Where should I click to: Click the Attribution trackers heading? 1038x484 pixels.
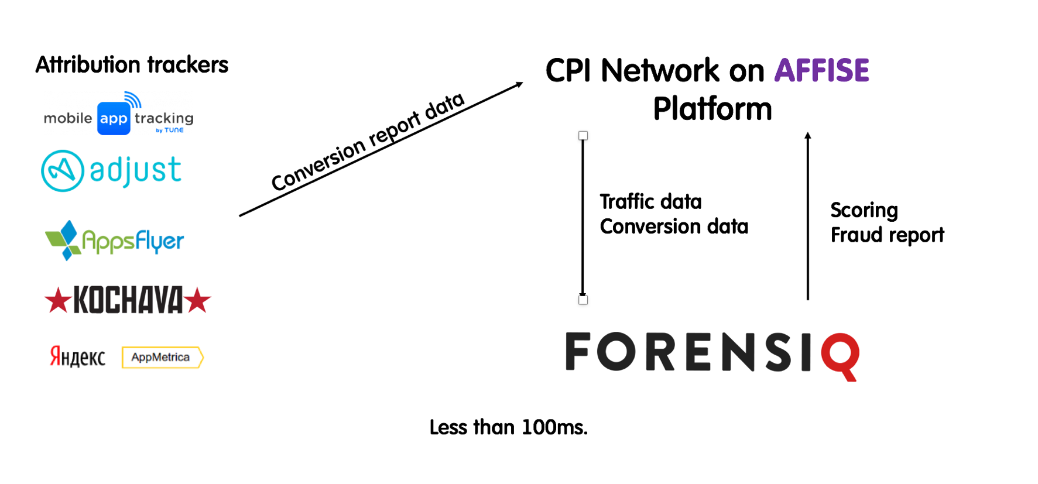132,65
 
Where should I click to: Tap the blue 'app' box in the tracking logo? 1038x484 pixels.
114,118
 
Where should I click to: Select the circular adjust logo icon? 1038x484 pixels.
63,171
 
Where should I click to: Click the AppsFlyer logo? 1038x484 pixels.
115,240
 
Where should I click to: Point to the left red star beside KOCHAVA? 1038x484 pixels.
57,300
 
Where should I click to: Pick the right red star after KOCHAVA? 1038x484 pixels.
198,300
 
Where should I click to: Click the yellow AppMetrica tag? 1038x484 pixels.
162,358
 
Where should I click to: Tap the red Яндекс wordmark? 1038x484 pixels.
77,356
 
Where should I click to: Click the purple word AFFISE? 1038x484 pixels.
821,71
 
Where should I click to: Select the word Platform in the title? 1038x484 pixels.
712,109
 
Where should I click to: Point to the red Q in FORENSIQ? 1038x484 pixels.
841,355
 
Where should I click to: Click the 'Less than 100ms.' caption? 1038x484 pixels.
508,427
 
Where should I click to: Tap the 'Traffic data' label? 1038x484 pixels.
650,202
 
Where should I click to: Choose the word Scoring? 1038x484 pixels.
864,210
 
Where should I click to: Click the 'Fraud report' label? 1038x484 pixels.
887,235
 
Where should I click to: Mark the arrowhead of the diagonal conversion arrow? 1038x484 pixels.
519,85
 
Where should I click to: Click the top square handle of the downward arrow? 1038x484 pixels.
583,136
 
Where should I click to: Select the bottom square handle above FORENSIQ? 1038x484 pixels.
583,300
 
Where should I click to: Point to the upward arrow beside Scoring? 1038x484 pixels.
808,217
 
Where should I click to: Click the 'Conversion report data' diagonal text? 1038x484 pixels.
368,142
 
